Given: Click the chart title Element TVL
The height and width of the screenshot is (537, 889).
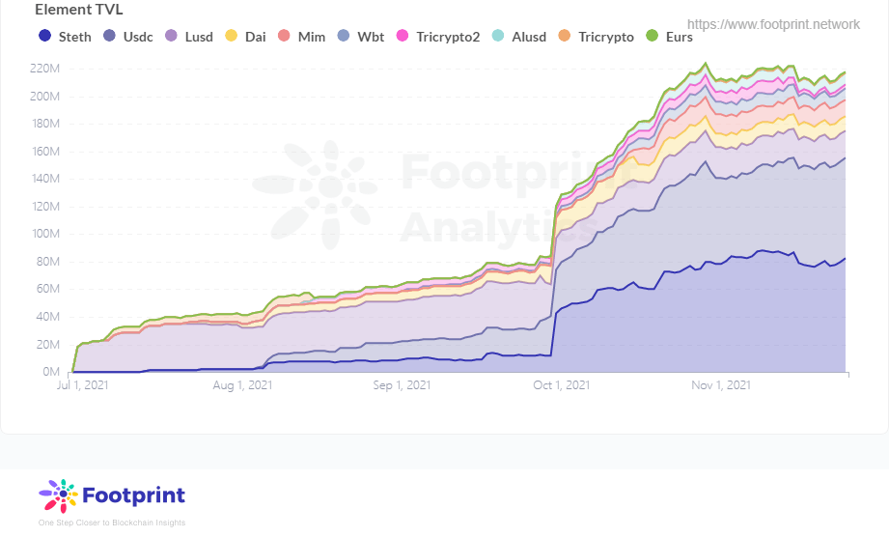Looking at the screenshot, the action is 79,10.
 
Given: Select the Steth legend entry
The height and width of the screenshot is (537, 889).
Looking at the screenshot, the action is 65,37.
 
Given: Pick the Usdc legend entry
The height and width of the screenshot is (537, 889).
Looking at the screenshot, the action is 128,37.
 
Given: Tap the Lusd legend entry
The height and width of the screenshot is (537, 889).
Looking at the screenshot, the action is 189,37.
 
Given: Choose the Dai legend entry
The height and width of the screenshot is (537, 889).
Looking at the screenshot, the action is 245,37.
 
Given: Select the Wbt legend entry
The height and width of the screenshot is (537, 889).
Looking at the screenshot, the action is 361,37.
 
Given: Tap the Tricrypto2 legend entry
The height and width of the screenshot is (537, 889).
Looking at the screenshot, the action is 438,37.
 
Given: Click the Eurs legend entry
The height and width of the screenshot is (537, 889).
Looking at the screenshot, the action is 670,37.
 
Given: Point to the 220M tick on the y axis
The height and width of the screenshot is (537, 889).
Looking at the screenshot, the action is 44,69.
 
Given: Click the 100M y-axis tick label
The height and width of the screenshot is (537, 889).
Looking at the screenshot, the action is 44,234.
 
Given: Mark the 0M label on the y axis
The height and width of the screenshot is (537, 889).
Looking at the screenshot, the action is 50,372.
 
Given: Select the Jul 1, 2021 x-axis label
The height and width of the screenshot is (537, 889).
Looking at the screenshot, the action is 82,385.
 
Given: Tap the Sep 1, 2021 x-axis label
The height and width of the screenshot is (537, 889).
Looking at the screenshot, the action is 402,385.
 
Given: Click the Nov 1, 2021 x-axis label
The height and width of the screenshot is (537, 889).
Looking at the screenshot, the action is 721,385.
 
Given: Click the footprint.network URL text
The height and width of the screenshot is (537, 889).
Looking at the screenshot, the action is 773,24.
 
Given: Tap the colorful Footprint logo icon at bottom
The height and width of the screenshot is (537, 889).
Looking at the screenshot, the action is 58,495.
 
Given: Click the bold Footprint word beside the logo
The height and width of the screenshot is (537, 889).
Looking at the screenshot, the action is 134,495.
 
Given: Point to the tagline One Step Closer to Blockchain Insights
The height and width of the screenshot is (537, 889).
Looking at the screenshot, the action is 112,523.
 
